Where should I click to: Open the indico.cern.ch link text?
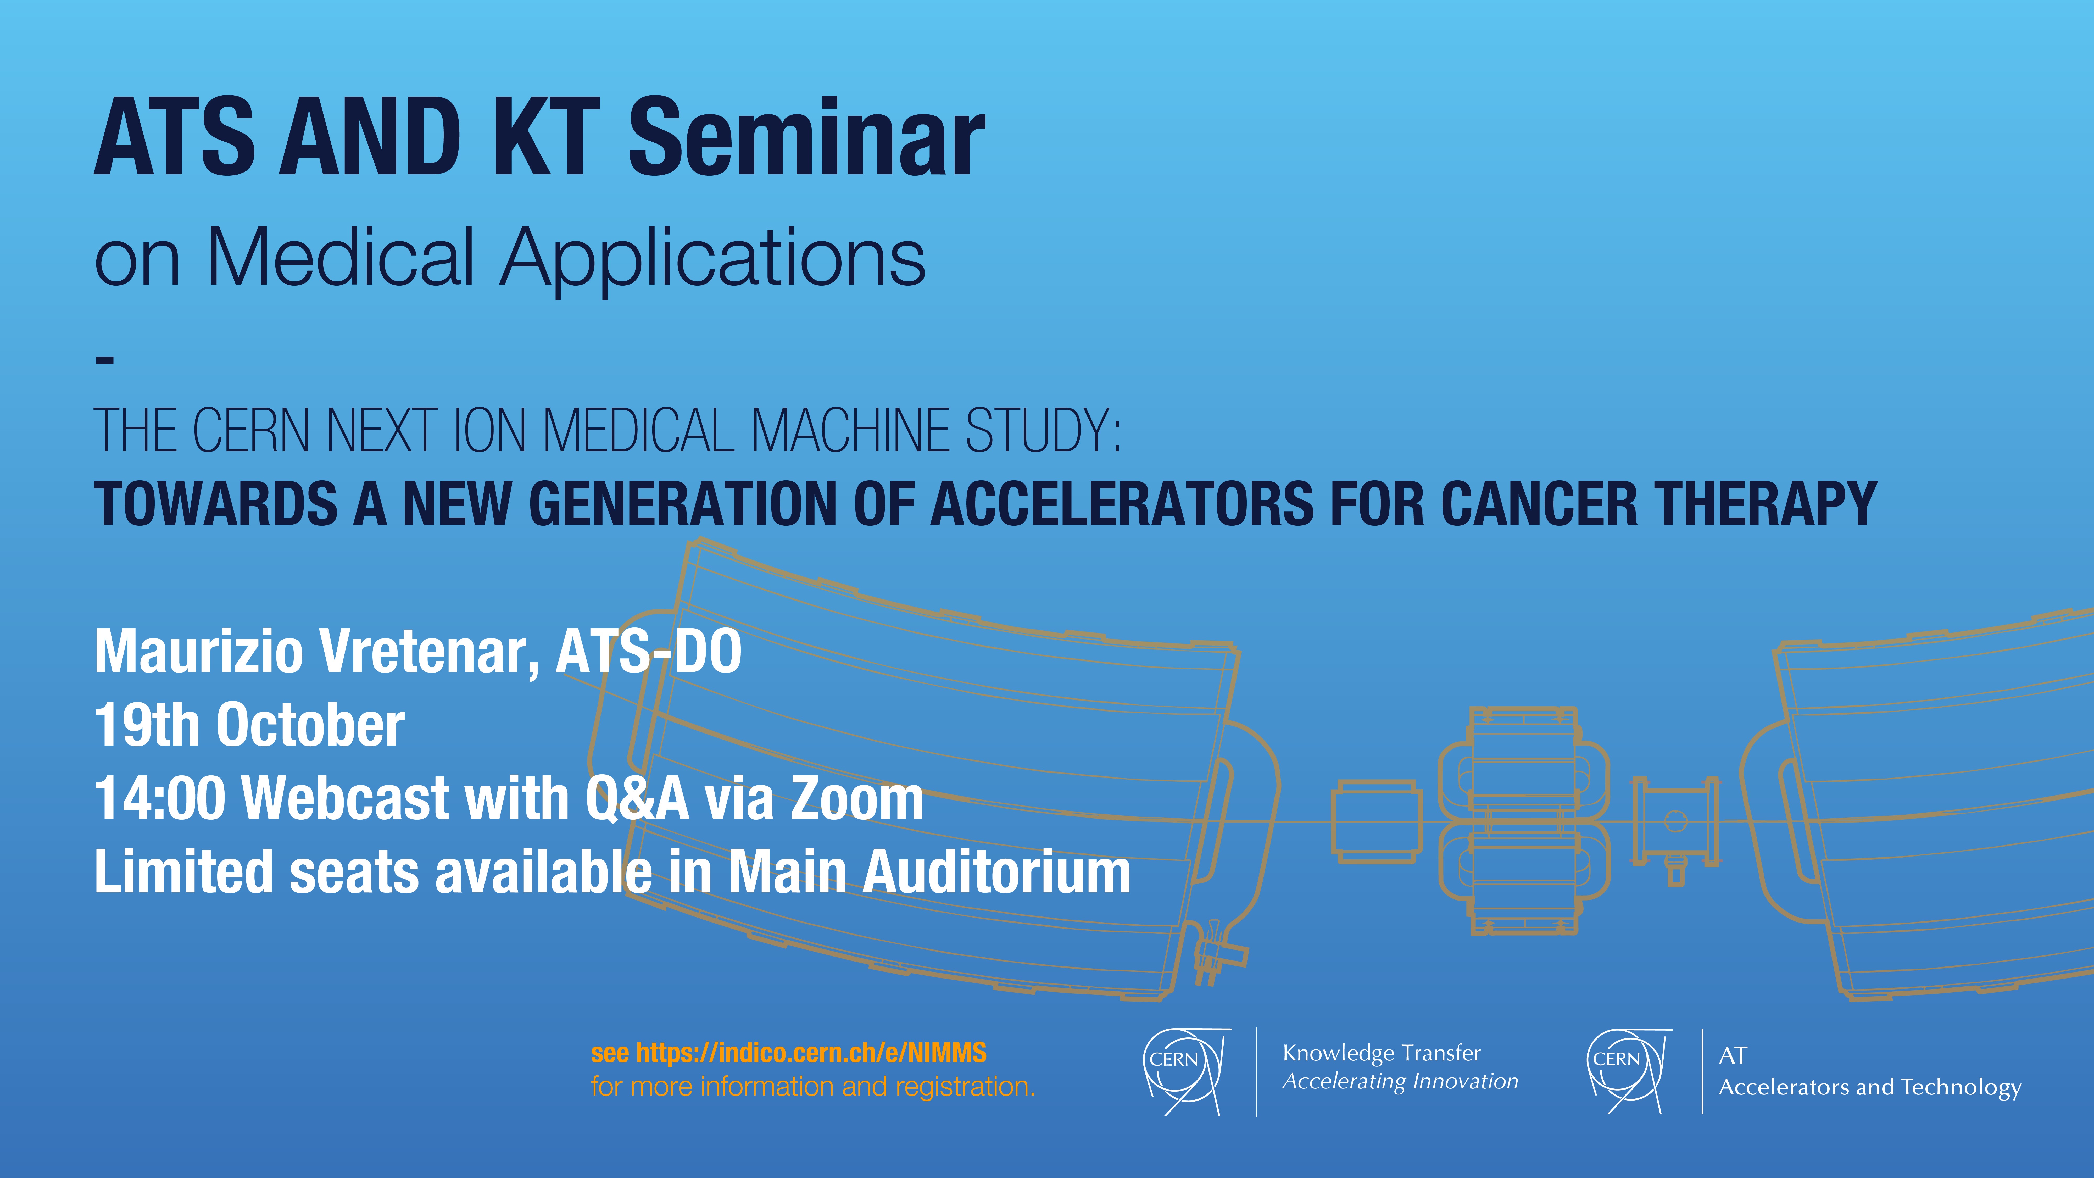pyautogui.click(x=811, y=1053)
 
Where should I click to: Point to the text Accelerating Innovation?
pyautogui.click(x=1400, y=1081)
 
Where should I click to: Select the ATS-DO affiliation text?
pyautogui.click(x=649, y=652)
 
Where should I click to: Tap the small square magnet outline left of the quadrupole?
pyautogui.click(x=1376, y=821)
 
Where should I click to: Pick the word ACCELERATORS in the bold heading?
pyautogui.click(x=1121, y=504)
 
